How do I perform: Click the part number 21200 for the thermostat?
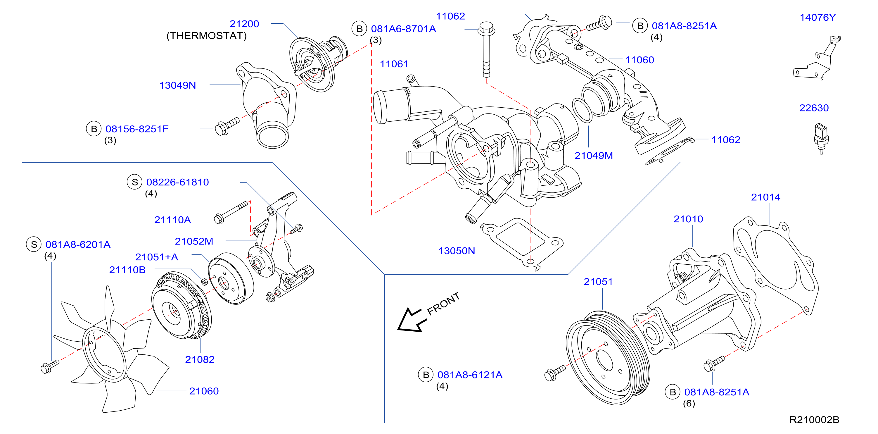click(244, 24)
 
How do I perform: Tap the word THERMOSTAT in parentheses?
click(207, 36)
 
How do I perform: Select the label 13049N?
click(178, 85)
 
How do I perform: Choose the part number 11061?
click(394, 64)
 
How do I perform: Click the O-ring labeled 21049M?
click(582, 111)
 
